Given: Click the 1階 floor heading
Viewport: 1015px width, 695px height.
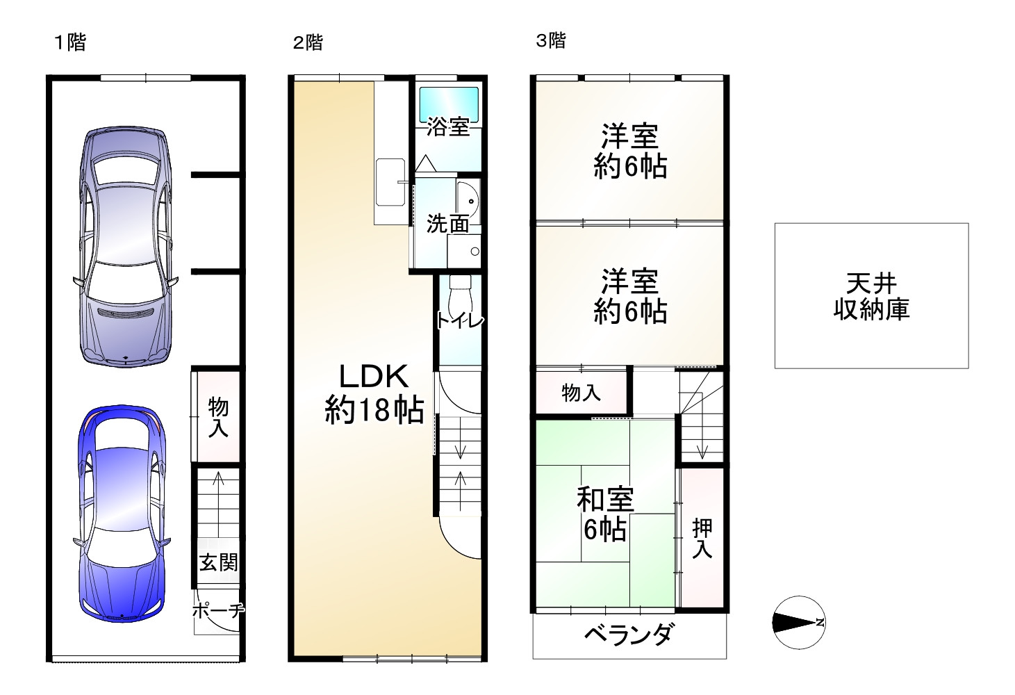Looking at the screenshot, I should tap(70, 42).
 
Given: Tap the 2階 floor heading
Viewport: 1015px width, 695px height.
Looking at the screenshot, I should tap(308, 42).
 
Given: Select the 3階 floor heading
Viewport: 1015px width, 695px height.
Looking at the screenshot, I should tap(550, 40).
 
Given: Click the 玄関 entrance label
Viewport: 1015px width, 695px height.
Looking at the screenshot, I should tap(218, 562).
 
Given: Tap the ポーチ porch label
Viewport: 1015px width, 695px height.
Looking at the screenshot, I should tap(218, 611).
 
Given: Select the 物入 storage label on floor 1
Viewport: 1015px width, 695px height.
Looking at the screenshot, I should tap(218, 417).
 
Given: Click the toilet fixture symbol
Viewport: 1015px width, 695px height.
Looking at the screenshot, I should tap(459, 297).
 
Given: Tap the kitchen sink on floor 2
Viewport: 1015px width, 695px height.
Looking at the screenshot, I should tap(390, 182).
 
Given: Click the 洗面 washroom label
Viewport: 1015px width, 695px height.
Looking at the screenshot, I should tap(447, 224).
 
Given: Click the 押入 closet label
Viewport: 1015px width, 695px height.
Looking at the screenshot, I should tap(702, 539).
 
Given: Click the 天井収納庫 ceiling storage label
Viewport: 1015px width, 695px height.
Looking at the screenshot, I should tap(871, 296).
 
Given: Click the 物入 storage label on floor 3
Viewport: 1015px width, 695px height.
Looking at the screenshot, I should tap(581, 393).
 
